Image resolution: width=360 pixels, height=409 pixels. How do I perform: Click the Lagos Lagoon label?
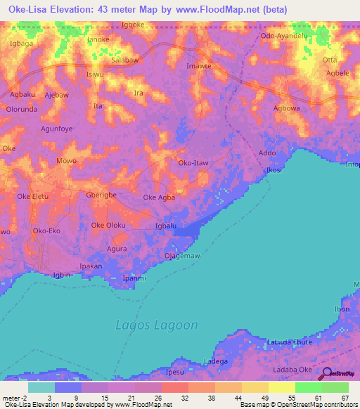pyautogui.click(x=156, y=325)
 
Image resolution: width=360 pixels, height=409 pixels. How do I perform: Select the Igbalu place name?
pyautogui.click(x=165, y=226)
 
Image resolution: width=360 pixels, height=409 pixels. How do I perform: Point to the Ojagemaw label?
pyautogui.click(x=182, y=256)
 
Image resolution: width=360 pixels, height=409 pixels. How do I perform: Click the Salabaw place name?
pyautogui.click(x=125, y=61)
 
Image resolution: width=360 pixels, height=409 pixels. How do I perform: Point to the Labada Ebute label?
pyautogui.click(x=289, y=342)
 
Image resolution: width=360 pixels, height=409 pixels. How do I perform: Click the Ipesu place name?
pyautogui.click(x=174, y=371)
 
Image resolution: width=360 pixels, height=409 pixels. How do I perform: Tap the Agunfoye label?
pyautogui.click(x=57, y=129)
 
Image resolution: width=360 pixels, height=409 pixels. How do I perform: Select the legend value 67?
pyautogui.click(x=345, y=398)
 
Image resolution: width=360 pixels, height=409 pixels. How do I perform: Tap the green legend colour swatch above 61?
pyautogui.click(x=308, y=387)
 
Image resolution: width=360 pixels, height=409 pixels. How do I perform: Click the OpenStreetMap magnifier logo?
pyautogui.click(x=327, y=375)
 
